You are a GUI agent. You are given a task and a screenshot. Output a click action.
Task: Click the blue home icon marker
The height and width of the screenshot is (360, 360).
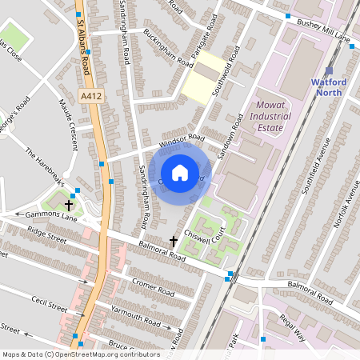[x=180, y=173]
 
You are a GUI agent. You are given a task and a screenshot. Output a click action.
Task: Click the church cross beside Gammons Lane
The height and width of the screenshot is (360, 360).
[x=69, y=205]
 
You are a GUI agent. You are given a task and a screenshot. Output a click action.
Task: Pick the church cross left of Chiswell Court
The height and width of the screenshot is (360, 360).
[x=173, y=240]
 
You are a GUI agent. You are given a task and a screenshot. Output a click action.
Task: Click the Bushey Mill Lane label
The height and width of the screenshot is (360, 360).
[x=321, y=38]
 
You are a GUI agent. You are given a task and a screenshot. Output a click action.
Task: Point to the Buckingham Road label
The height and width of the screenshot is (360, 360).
[x=168, y=48]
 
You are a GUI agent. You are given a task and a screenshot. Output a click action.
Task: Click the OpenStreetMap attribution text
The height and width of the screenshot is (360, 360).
[x=81, y=354]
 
